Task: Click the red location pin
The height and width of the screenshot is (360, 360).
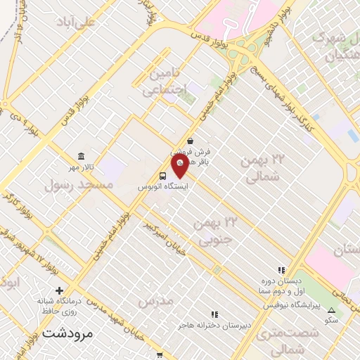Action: [180, 166]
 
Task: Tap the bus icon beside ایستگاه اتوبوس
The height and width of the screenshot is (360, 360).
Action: [163, 176]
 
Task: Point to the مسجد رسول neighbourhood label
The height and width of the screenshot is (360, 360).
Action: [79, 185]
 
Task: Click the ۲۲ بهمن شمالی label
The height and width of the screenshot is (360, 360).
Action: [259, 169]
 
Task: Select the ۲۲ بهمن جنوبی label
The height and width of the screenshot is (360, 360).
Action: [217, 231]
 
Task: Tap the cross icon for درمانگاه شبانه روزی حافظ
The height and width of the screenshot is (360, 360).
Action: [59, 290]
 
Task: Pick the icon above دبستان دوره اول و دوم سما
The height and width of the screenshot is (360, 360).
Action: [282, 269]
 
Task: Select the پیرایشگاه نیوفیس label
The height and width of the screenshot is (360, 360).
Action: [292, 306]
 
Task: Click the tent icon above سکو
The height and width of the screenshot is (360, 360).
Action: [330, 310]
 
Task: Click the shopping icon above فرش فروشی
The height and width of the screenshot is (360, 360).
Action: [191, 140]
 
